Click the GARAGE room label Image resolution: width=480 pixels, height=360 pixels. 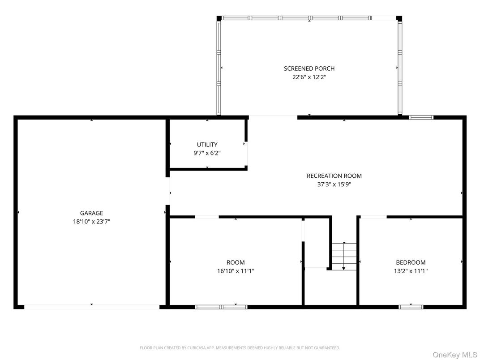point(91,213)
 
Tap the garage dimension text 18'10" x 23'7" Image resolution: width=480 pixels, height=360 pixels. point(91,221)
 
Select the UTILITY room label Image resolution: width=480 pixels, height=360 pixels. point(207,145)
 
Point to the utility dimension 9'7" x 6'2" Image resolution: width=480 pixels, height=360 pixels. point(207,153)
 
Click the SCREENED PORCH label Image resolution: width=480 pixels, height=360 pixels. point(309,69)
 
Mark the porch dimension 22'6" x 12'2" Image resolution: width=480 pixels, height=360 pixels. point(309,77)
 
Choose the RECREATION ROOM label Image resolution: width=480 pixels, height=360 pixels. point(334,176)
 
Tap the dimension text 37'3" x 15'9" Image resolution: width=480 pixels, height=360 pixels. point(334,184)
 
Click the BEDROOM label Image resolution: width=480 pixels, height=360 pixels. point(411,262)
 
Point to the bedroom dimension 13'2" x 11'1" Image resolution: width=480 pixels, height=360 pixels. point(411,270)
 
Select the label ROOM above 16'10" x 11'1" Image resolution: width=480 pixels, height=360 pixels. point(236,262)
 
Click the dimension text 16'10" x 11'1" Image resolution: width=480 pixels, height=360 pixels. point(236,270)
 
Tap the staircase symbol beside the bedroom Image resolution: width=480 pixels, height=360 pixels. point(344,257)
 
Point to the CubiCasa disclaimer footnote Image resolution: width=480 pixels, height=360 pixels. point(240,347)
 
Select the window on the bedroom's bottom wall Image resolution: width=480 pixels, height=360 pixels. point(411,307)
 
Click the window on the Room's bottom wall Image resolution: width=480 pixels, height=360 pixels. point(221,307)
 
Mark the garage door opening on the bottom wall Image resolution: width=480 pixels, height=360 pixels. point(91,307)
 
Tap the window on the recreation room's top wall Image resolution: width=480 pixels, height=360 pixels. point(421,117)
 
